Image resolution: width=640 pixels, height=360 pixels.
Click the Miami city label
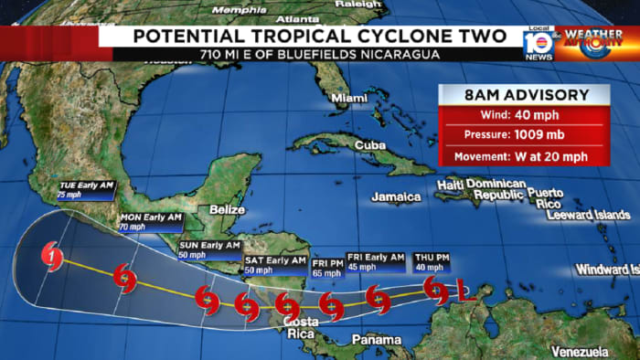347,98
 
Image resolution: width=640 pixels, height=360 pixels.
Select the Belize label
228,209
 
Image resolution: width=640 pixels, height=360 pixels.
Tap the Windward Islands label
607,270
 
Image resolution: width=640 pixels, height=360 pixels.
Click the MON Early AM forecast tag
151,221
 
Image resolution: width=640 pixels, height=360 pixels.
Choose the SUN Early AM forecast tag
208,249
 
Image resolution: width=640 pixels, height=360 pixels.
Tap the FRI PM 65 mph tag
325,266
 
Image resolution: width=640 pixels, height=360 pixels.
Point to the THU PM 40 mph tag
431,261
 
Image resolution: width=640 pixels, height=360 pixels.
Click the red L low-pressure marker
463,294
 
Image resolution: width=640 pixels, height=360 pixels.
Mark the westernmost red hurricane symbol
53,255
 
